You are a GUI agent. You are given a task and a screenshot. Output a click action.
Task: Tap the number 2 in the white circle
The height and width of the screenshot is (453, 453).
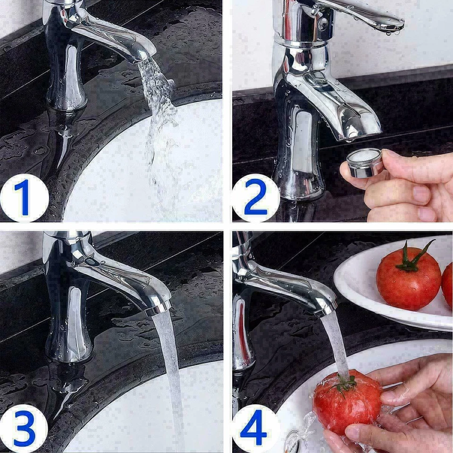tap(255, 198)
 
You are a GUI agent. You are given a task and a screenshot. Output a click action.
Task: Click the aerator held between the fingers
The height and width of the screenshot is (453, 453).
tap(365, 163)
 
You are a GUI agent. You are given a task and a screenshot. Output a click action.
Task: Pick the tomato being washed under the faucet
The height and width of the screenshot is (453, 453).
tap(347, 401)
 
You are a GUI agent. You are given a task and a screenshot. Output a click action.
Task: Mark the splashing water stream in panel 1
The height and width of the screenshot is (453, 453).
tap(158, 113)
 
